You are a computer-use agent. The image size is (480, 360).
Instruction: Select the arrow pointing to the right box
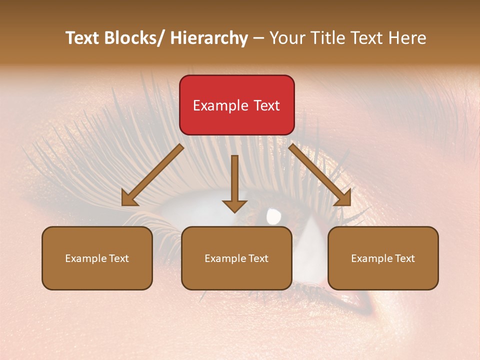click(320, 175)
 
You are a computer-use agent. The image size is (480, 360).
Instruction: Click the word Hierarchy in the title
click(209, 38)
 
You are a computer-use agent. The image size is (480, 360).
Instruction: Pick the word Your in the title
click(287, 38)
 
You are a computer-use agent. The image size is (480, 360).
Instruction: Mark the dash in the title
click(258, 38)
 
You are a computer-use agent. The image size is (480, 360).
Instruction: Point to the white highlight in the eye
click(274, 216)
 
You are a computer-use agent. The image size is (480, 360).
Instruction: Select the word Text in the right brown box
click(404, 258)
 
